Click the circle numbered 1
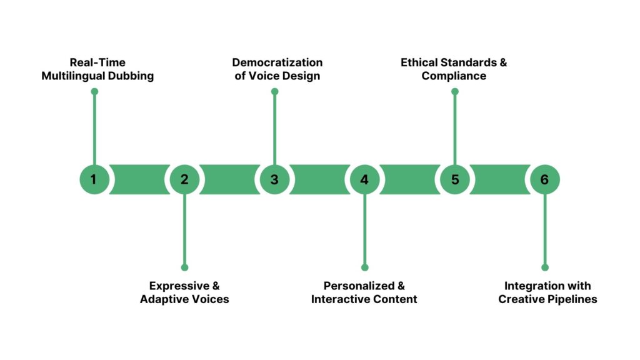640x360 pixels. [94, 179]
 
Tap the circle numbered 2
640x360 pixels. [184, 179]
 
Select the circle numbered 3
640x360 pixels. [274, 179]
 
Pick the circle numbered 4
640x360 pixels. [364, 179]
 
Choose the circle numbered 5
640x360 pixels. [454, 179]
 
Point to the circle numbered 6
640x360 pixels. [544, 179]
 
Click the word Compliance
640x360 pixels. [454, 76]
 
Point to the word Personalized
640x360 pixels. [355, 286]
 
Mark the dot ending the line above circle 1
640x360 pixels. [94, 91]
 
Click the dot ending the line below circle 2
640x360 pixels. [184, 267]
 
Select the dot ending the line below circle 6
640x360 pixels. [544, 267]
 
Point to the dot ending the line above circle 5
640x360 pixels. [454, 91]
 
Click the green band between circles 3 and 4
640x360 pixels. [319, 179]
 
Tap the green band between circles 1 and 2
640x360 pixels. [139, 179]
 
